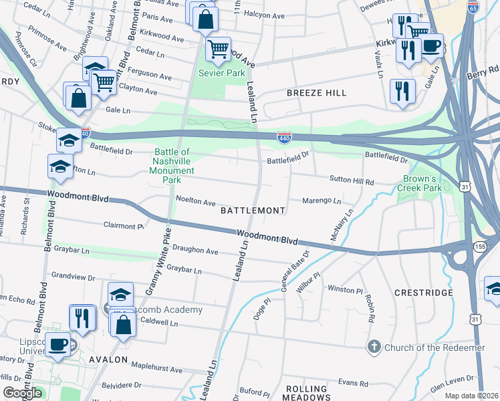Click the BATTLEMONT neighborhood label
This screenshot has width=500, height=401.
tap(253, 211)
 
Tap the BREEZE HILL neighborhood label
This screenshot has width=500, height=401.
tap(317, 93)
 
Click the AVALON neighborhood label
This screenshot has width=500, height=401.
tap(107, 360)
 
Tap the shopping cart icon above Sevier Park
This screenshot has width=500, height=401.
tap(218, 48)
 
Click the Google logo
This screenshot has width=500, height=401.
tap(22, 393)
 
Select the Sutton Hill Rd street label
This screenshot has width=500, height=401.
tap(350, 180)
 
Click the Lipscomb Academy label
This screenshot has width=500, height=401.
tap(170, 309)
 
